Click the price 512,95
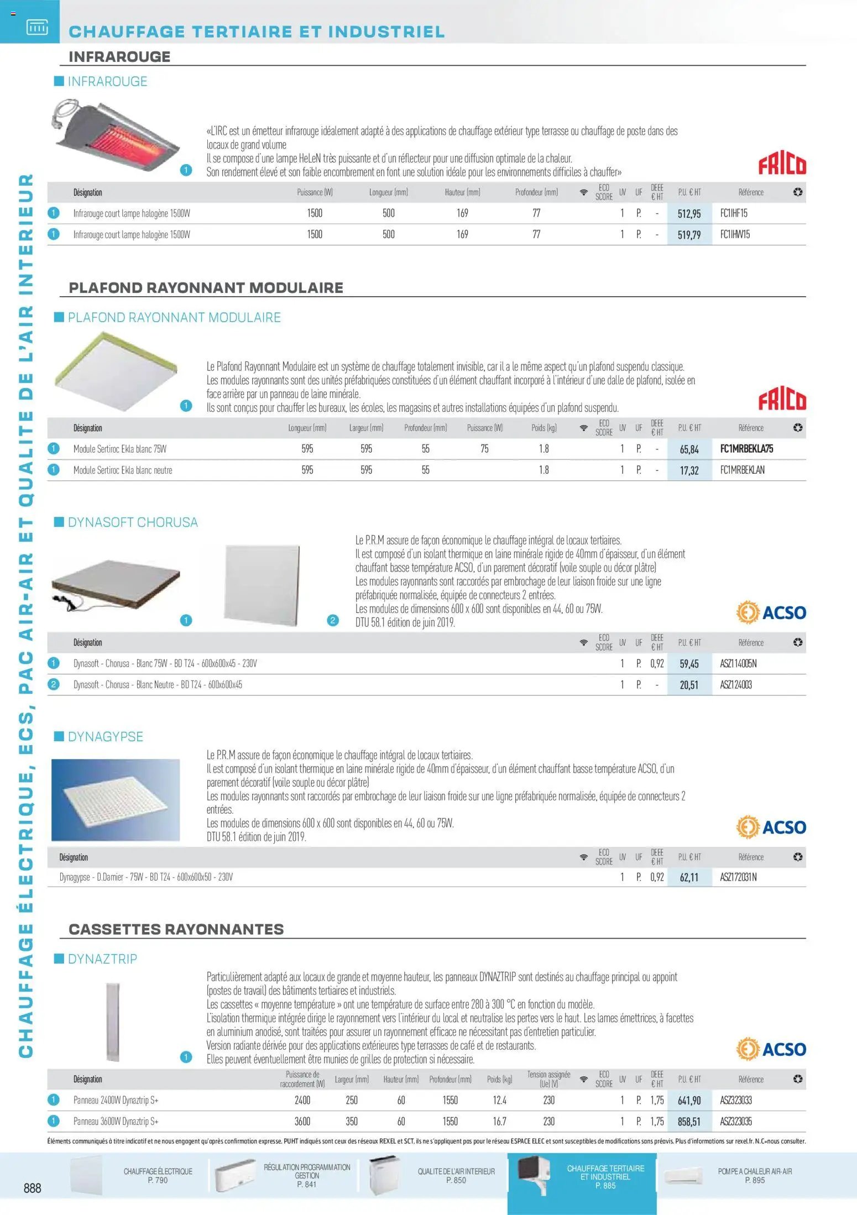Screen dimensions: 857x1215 click(689, 214)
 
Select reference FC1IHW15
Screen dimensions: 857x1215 click(735, 234)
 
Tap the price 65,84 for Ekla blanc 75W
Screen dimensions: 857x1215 click(689, 449)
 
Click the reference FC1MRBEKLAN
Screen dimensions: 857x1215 click(742, 470)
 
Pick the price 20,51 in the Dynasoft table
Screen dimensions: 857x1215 click(689, 685)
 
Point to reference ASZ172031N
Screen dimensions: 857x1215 click(738, 877)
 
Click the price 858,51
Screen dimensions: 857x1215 click(689, 1122)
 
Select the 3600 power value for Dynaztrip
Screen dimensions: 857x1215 click(302, 1122)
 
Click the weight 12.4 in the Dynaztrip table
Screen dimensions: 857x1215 click(499, 1101)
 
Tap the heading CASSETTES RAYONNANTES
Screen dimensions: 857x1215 click(176, 929)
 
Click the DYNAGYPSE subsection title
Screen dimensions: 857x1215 click(105, 737)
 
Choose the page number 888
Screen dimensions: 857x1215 click(32, 1188)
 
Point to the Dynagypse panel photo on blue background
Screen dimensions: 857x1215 click(116, 800)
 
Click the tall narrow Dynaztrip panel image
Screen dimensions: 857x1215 click(113, 1022)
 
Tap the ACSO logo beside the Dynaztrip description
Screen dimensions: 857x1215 click(771, 1049)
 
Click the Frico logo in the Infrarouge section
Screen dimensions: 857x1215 click(782, 164)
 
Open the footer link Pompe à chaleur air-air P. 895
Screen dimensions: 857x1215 click(754, 1175)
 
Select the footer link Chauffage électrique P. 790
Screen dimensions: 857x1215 click(158, 1175)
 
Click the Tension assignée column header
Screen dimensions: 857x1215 click(548, 1079)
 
